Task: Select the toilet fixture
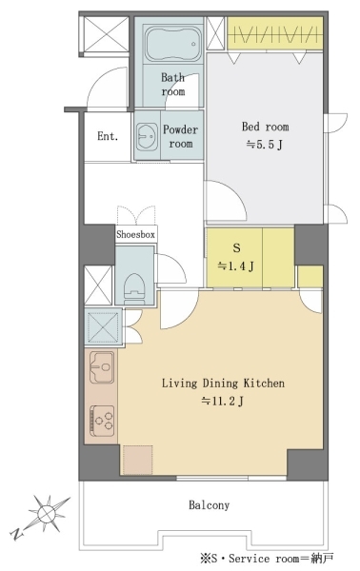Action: tap(133, 288)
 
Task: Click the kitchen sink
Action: tap(102, 367)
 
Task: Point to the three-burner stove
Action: tap(102, 421)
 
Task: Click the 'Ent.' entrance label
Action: tap(108, 136)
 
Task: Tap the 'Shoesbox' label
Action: tap(135, 234)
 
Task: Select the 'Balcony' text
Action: tap(210, 505)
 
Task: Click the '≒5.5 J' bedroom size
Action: tap(265, 145)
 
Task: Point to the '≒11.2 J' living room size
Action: tap(223, 402)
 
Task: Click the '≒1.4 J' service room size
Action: tap(236, 266)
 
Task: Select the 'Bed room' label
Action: tap(266, 127)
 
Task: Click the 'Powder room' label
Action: tap(180, 136)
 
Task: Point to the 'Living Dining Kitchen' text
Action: tap(223, 384)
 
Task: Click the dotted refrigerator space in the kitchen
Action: tap(138, 460)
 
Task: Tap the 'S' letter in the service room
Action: tap(237, 248)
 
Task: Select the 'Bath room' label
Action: tap(172, 84)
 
